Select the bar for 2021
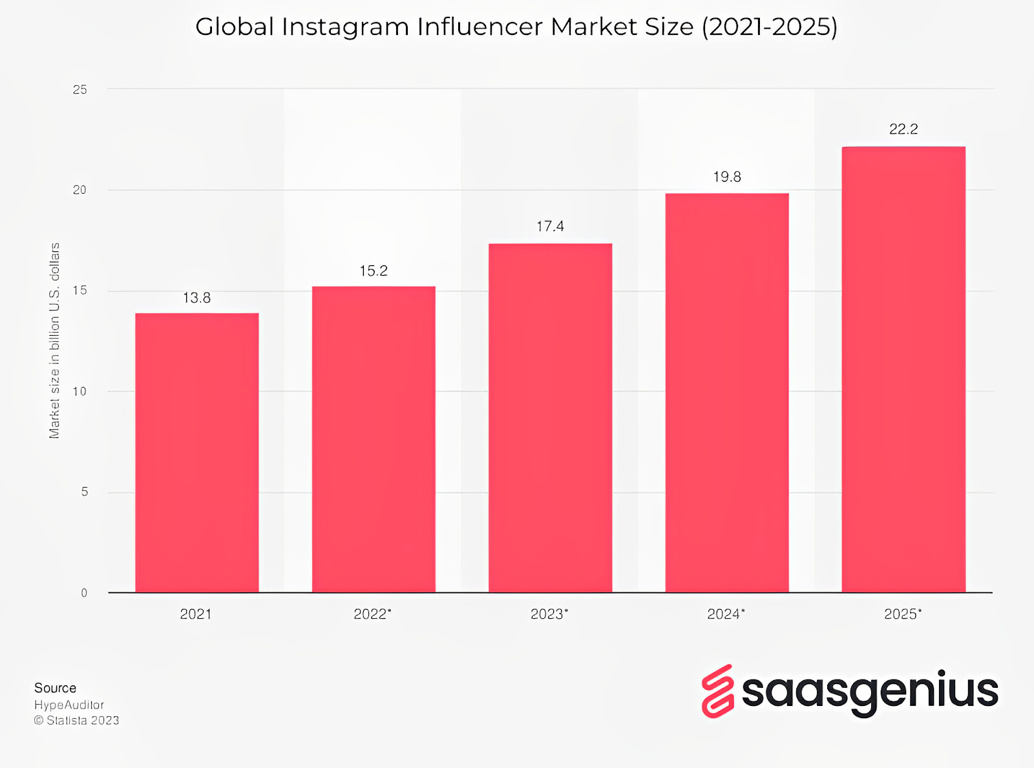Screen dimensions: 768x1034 pos(196,452)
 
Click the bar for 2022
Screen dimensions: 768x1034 pos(374,439)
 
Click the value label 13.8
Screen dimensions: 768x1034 pos(196,298)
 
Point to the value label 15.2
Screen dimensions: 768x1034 pos(374,271)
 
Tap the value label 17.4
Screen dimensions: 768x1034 pos(550,226)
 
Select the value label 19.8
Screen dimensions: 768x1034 pos(727,177)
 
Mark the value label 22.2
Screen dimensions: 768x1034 pos(903,129)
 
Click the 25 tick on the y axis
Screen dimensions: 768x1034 pos(79,90)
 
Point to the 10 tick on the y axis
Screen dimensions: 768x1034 pos(79,391)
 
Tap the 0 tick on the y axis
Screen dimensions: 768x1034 pos(84,593)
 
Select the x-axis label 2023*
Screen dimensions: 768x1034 pos(549,614)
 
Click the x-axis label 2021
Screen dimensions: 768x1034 pos(196,614)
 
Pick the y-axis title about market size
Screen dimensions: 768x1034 pos(54,340)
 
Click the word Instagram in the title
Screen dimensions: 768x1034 pos(345,27)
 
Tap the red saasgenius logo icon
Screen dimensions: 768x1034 pos(717,691)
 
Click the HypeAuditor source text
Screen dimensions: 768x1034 pos(69,705)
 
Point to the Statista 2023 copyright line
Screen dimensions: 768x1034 pos(76,720)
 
